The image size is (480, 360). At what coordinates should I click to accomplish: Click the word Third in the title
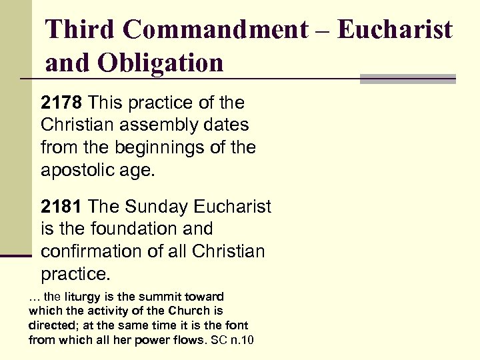pyautogui.click(x=79, y=29)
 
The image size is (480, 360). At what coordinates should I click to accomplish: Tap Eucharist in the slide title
pyautogui.click(x=395, y=29)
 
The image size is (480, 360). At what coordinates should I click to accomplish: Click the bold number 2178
pyautogui.click(x=62, y=103)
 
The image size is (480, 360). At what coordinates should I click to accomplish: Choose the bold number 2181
pyautogui.click(x=62, y=207)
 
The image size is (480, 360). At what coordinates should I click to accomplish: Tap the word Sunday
pyautogui.click(x=154, y=207)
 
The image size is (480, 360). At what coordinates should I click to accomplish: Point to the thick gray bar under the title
pyautogui.click(x=407, y=79)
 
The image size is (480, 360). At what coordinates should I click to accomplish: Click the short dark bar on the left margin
pyautogui.click(x=16, y=255)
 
